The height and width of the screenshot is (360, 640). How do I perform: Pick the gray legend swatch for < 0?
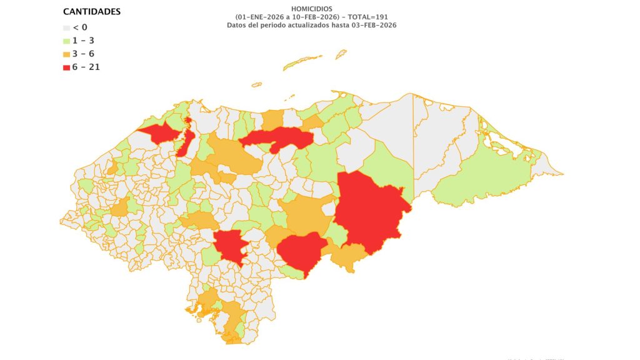click(x=67, y=27)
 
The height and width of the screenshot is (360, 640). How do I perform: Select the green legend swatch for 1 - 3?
click(x=67, y=41)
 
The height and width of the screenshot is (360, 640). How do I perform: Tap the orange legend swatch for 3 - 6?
click(x=67, y=54)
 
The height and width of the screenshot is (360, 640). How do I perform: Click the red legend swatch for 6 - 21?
click(x=67, y=67)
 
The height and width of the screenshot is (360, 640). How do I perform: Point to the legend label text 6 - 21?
click(x=87, y=67)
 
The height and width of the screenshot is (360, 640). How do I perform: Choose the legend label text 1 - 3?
click(x=84, y=41)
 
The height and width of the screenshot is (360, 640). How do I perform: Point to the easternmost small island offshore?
click(x=341, y=54)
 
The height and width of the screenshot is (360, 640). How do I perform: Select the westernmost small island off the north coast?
click(x=256, y=84)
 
